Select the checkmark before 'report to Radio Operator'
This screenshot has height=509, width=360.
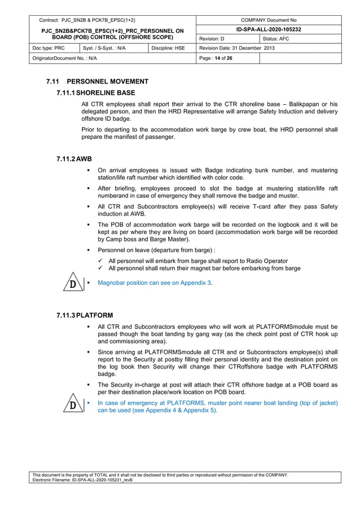click(x=99, y=261)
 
